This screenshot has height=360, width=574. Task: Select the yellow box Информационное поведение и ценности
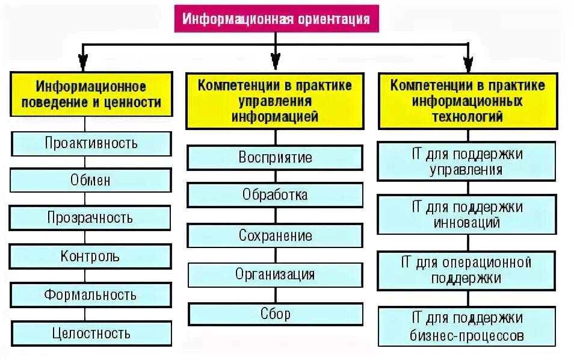[91, 95]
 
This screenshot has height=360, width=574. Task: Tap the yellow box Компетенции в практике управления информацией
[275, 101]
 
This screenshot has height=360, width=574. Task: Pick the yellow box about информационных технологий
[467, 101]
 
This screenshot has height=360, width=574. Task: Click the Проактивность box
[91, 143]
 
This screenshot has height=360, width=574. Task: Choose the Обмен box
[91, 180]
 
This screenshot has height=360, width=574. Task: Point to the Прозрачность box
[91, 217]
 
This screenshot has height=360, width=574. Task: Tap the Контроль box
[91, 256]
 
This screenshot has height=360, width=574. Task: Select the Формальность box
[91, 295]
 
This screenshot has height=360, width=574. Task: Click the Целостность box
[91, 332]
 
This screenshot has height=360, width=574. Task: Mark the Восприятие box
[275, 158]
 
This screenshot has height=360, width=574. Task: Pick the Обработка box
[275, 195]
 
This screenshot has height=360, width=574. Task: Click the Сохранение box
[275, 235]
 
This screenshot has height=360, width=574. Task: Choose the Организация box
[275, 275]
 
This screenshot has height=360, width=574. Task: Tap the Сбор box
[275, 314]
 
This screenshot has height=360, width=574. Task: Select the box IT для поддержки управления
[467, 161]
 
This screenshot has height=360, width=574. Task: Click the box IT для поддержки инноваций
[467, 215]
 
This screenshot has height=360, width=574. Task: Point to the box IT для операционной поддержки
[467, 270]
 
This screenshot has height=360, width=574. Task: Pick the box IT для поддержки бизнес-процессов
[467, 326]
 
